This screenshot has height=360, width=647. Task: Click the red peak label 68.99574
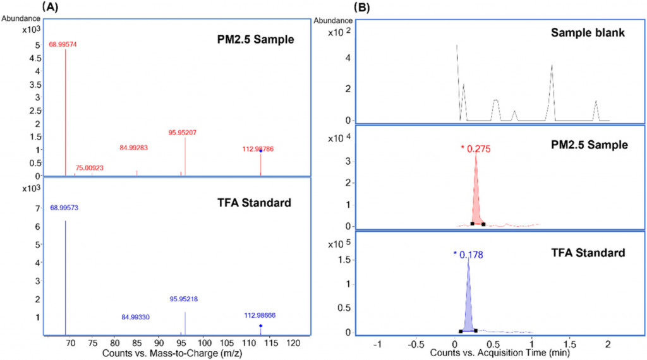(x=63, y=45)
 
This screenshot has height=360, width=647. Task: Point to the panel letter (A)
(x=51, y=8)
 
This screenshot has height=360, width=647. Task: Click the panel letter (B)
(x=365, y=8)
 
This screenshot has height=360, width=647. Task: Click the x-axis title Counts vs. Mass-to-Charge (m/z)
(x=174, y=353)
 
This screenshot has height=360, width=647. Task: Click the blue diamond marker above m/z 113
(x=260, y=326)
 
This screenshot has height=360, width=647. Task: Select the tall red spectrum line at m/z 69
(x=66, y=114)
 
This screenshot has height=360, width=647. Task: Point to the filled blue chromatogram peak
(x=468, y=303)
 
